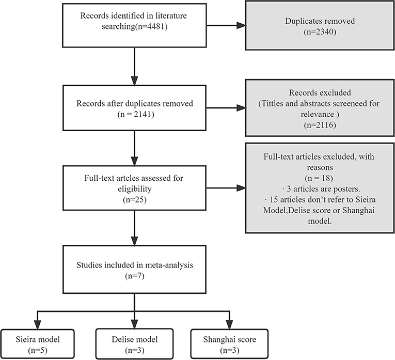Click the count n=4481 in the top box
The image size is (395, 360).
click(x=151, y=26)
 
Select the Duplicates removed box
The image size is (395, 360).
click(x=320, y=25)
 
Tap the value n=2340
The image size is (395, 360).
click(x=320, y=32)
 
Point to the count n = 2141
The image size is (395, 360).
click(x=135, y=114)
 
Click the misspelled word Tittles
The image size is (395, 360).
click(x=273, y=103)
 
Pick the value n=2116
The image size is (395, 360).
click(x=320, y=125)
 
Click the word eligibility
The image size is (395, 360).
click(x=135, y=189)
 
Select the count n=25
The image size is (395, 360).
click(x=135, y=200)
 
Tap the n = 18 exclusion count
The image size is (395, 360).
click(x=319, y=178)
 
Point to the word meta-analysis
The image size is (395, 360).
click(x=169, y=265)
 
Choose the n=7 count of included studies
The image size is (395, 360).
click(x=135, y=276)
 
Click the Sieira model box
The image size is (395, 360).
click(x=38, y=344)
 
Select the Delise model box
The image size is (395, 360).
click(x=135, y=344)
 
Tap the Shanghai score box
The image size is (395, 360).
click(x=229, y=344)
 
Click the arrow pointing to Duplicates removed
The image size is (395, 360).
click(x=226, y=25)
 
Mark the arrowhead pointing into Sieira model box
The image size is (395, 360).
click(x=38, y=325)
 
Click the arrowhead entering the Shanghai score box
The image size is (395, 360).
click(x=229, y=325)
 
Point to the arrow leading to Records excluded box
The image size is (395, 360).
click(x=226, y=108)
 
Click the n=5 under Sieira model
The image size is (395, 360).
click(x=38, y=350)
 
